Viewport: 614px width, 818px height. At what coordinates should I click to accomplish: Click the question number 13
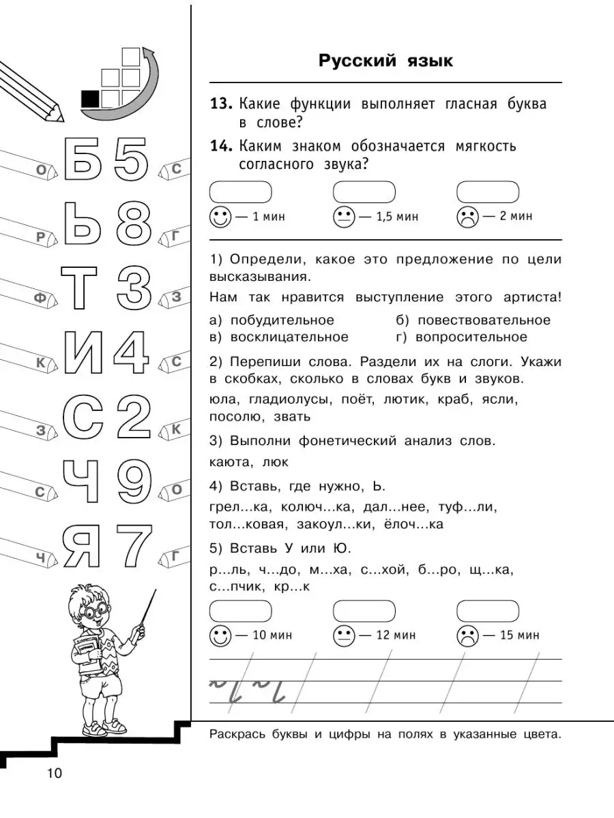[x=221, y=104]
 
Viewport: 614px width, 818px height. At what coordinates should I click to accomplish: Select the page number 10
[x=54, y=773]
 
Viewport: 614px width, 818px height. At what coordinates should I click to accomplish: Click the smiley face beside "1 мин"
[x=220, y=217]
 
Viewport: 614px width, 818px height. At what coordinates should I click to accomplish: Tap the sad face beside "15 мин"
[x=467, y=635]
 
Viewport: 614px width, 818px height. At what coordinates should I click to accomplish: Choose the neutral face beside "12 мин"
[x=343, y=635]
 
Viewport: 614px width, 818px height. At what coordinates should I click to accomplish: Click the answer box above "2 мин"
[x=487, y=192]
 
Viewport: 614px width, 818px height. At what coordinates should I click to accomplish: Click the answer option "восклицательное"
[x=289, y=337]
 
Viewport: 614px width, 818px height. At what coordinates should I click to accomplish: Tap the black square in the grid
[x=89, y=99]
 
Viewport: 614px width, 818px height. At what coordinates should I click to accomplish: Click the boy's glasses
[x=93, y=611]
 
